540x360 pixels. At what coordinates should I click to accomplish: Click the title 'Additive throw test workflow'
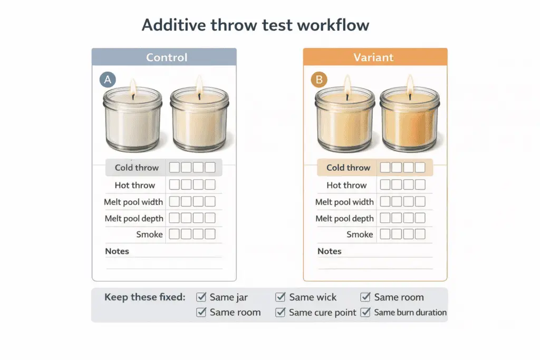click(x=255, y=25)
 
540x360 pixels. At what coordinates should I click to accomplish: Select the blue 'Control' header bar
click(x=164, y=57)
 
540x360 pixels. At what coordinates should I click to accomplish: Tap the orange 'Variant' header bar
click(x=375, y=57)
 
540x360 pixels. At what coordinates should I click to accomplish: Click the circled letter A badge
click(x=108, y=80)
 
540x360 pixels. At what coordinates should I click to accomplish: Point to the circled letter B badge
click(x=319, y=80)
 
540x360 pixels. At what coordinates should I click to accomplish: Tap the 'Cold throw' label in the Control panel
click(x=137, y=168)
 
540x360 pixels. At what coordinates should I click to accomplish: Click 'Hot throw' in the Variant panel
click(x=346, y=185)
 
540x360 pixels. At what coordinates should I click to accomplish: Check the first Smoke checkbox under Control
click(x=173, y=234)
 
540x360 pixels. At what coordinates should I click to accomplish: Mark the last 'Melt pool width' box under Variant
click(x=420, y=201)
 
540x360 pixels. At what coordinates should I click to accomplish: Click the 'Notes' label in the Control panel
click(x=117, y=251)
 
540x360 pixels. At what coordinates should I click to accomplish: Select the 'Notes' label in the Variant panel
click(x=330, y=251)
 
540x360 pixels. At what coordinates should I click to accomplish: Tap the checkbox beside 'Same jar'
click(x=201, y=297)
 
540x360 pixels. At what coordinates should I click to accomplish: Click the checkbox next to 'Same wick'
click(x=281, y=297)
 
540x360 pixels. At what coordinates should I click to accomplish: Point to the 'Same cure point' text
click(x=323, y=313)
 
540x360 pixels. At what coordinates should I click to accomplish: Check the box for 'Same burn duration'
click(x=365, y=313)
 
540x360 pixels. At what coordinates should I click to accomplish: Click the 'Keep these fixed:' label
click(x=144, y=297)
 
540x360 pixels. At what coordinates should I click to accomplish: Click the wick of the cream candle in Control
click(x=199, y=96)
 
